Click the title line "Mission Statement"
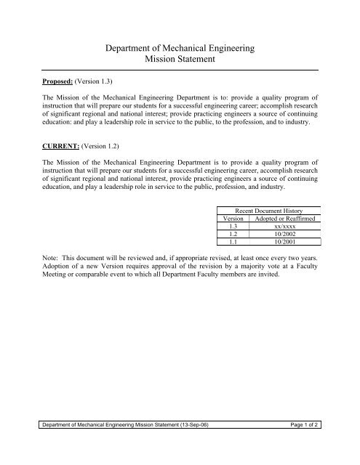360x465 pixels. tap(180, 59)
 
